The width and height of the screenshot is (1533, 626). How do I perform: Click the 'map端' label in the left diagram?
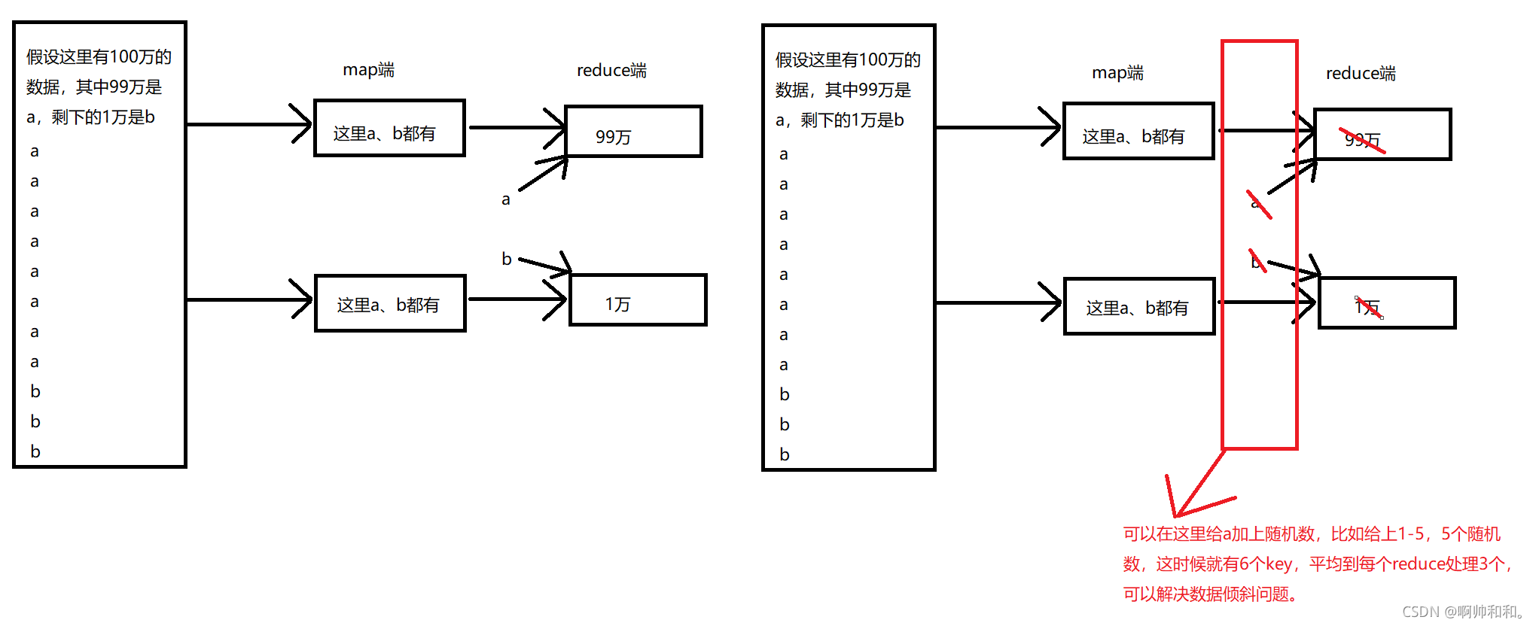tap(368, 70)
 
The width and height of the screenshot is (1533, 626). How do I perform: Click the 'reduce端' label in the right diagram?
tap(1360, 73)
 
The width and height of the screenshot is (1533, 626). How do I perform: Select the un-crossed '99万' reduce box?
tap(633, 132)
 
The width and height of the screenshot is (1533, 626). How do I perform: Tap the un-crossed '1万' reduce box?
tap(638, 300)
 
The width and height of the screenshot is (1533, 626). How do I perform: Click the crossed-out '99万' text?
tap(1363, 140)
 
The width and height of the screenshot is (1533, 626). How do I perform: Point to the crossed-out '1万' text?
tap(1367, 307)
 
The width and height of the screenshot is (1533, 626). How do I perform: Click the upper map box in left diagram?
tap(389, 128)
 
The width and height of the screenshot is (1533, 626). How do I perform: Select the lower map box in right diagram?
tap(1138, 306)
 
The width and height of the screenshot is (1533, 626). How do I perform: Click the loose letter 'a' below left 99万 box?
tap(506, 199)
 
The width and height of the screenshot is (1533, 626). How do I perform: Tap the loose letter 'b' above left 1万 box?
tap(507, 260)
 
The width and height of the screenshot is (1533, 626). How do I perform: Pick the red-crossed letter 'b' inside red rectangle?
tap(1256, 262)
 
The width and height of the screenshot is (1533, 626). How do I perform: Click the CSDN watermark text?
tap(1464, 612)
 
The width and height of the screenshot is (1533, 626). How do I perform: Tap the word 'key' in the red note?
tap(1279, 564)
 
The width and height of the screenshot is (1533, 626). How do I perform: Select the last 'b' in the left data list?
tap(35, 451)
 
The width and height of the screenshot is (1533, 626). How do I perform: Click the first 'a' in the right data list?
tap(784, 154)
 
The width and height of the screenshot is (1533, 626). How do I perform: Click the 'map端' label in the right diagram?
tap(1117, 73)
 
